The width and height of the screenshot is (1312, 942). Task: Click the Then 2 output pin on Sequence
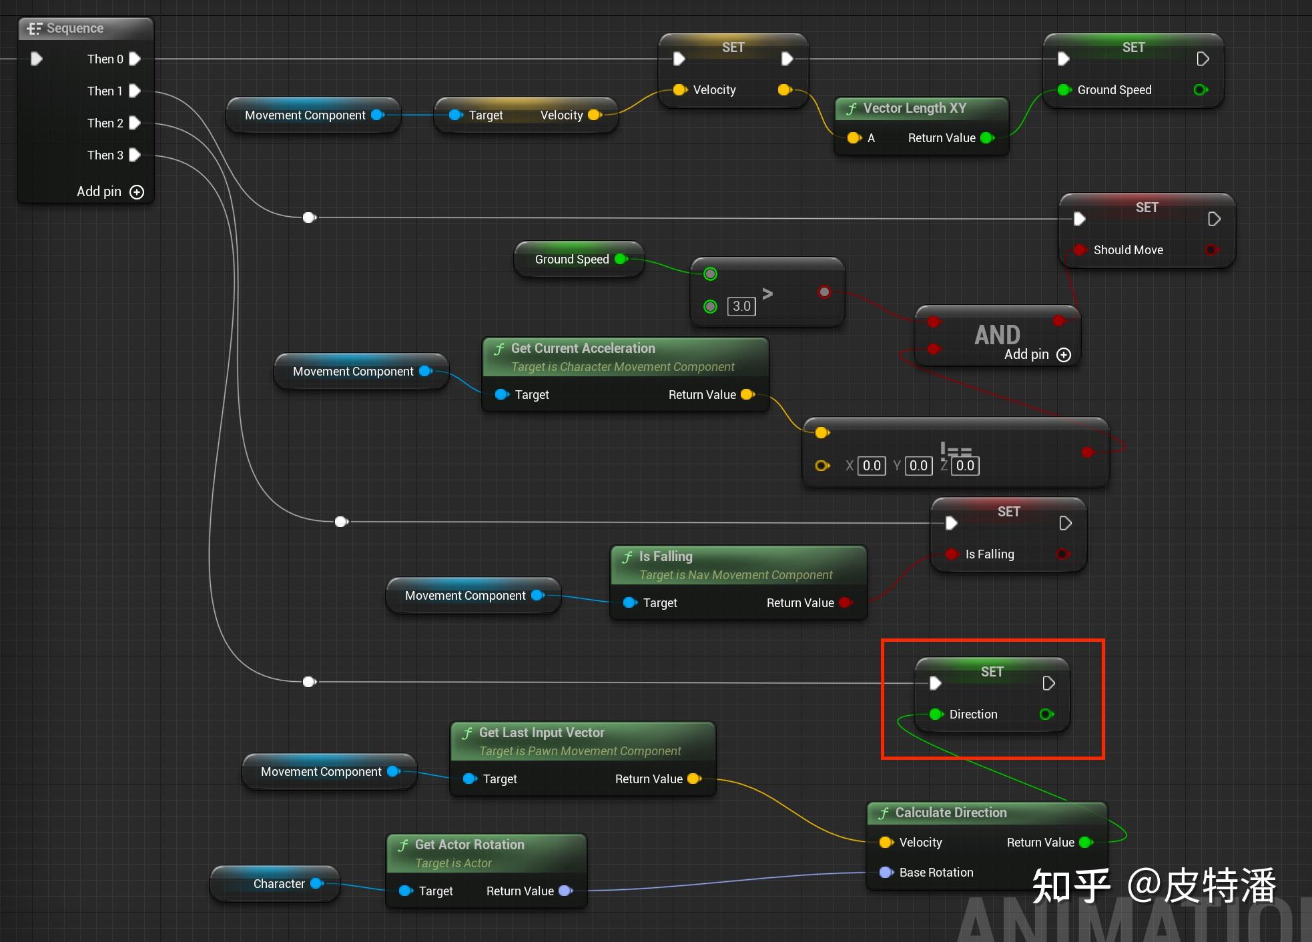[134, 123]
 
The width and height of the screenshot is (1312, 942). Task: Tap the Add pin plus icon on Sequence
[137, 192]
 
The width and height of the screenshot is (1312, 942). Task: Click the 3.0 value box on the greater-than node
[741, 306]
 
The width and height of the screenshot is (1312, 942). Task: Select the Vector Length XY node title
[914, 108]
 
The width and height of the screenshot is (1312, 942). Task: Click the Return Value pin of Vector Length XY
[987, 138]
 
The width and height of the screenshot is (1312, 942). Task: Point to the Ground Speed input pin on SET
[1064, 90]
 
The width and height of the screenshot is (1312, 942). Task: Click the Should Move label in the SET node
[1128, 250]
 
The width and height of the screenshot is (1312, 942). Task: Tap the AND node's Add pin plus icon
[1064, 355]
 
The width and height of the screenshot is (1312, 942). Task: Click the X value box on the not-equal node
[872, 466]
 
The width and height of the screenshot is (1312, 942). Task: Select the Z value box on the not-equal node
[965, 466]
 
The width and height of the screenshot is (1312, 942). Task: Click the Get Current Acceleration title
[583, 348]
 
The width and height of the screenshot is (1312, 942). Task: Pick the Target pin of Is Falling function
[629, 602]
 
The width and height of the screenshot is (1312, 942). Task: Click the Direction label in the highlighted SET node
[973, 715]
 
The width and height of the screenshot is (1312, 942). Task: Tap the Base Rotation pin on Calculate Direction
[886, 872]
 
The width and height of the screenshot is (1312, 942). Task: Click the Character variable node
[278, 884]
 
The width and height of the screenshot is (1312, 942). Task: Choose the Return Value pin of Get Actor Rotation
[565, 891]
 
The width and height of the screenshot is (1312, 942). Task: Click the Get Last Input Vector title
[541, 733]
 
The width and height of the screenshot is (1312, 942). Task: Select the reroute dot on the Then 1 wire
[309, 217]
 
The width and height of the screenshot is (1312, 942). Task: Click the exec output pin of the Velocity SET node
[787, 59]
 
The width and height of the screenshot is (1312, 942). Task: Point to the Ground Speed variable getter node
[572, 260]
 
